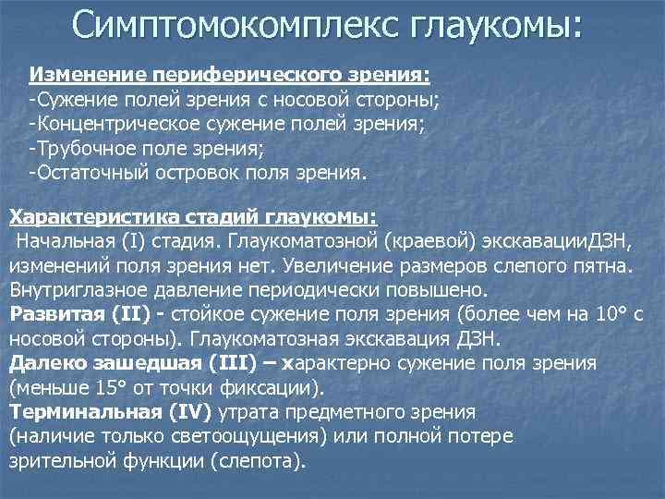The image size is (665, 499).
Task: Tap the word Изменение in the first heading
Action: coord(77,73)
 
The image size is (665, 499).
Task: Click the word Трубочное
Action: coord(82,147)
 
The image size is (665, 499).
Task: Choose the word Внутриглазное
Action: coord(79,289)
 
